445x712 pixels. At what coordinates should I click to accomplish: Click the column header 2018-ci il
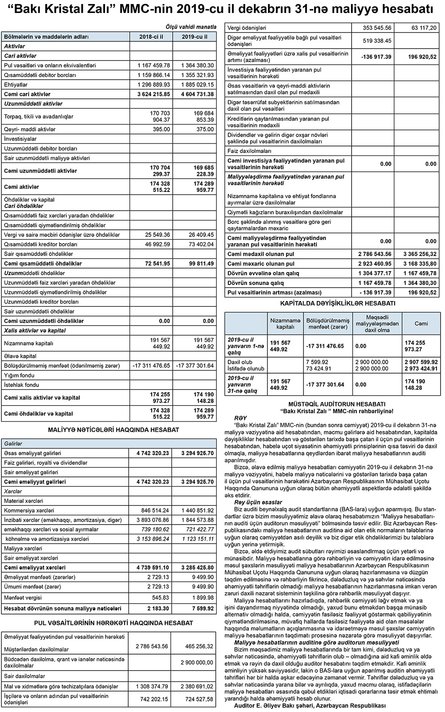coord(151,37)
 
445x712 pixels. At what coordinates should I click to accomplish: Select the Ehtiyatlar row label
coord(16,85)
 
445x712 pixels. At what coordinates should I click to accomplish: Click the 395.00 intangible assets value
coord(161,129)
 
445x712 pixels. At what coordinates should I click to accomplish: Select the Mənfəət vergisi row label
coord(23,598)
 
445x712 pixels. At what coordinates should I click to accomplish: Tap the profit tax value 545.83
coord(160,598)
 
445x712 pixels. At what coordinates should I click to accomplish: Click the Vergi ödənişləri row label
coord(247,28)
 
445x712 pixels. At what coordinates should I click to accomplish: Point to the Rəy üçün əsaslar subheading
coord(258,502)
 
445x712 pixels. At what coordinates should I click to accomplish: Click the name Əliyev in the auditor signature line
coord(275,705)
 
